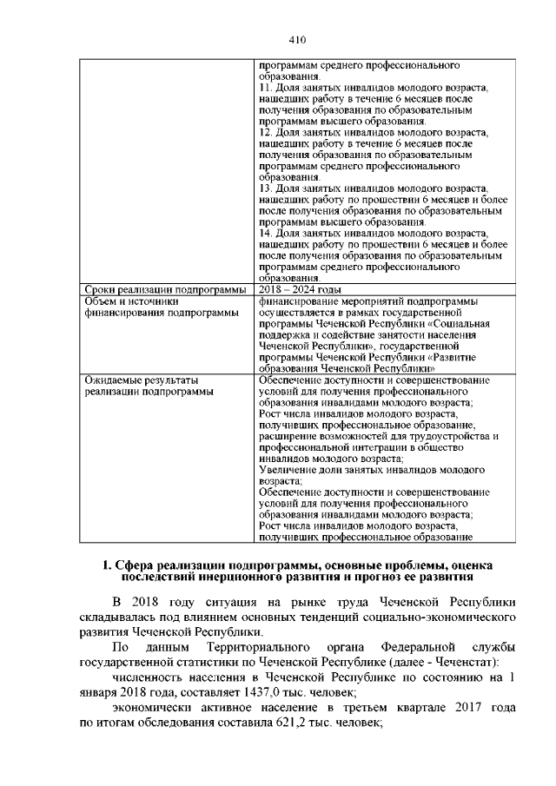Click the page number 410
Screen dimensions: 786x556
click(297, 39)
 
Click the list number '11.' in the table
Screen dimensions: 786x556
click(267, 89)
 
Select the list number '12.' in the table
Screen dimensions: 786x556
click(267, 132)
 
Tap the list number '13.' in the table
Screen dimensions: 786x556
click(267, 188)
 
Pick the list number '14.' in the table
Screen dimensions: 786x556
click(267, 233)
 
